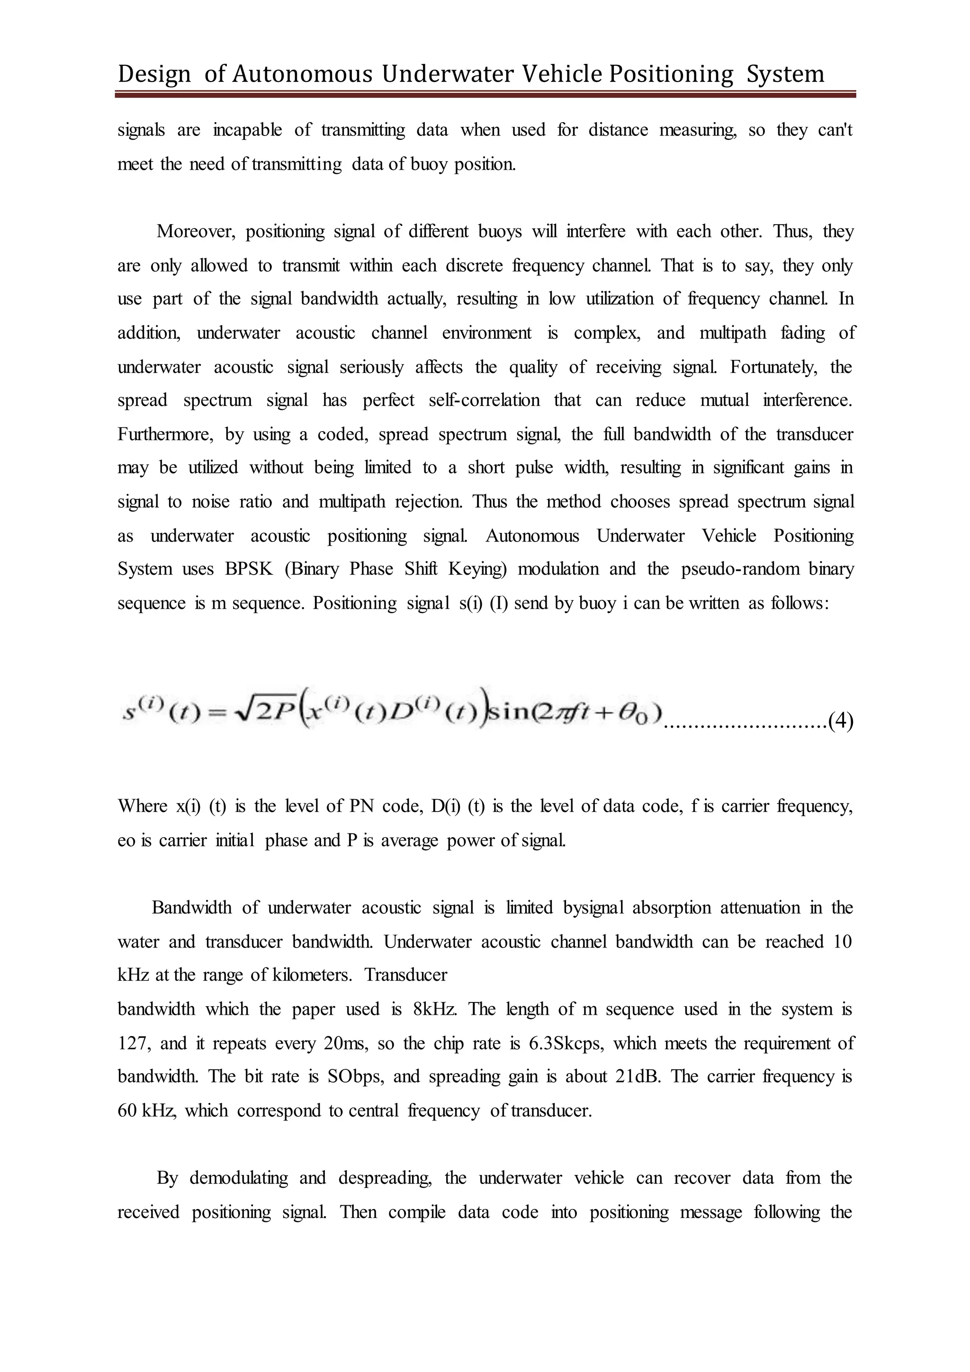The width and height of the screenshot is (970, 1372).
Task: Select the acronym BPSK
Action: point(249,569)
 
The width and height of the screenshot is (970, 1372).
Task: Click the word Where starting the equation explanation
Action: point(142,806)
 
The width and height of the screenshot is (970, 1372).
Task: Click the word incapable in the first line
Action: point(247,130)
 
